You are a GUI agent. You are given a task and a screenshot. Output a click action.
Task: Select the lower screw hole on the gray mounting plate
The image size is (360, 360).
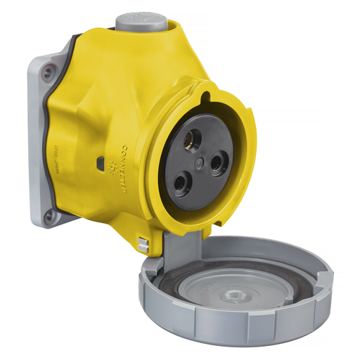pos(49,216)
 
